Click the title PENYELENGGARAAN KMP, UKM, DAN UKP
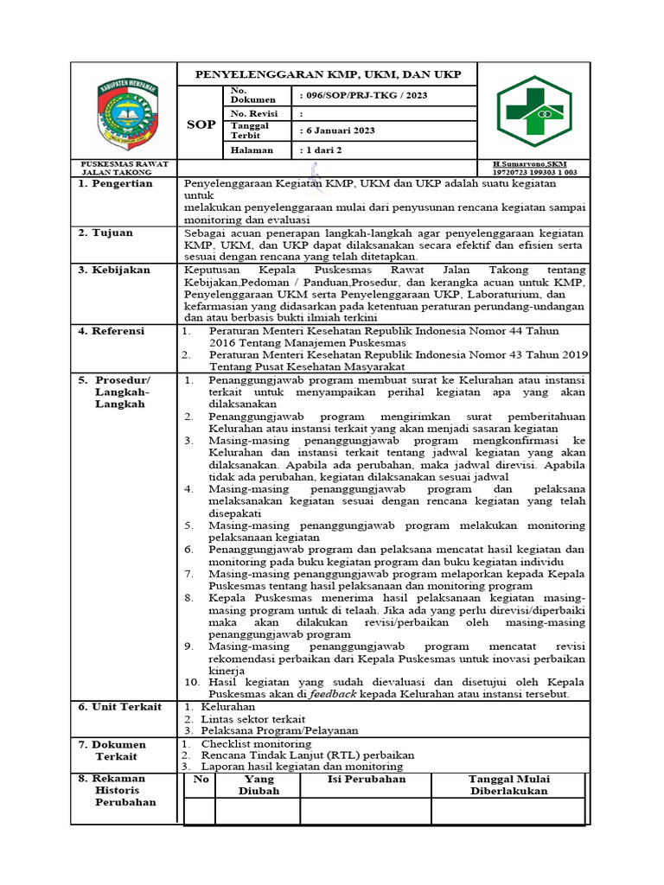tap(328, 75)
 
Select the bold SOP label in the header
tap(201, 124)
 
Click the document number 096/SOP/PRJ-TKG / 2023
tap(364, 96)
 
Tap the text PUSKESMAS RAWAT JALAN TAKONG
tap(124, 168)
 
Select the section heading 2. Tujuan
tap(107, 232)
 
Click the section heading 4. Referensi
tap(114, 331)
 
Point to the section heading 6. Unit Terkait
tap(120, 707)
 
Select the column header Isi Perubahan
tap(366, 779)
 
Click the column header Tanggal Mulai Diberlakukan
tap(509, 785)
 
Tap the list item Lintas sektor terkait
tap(252, 719)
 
